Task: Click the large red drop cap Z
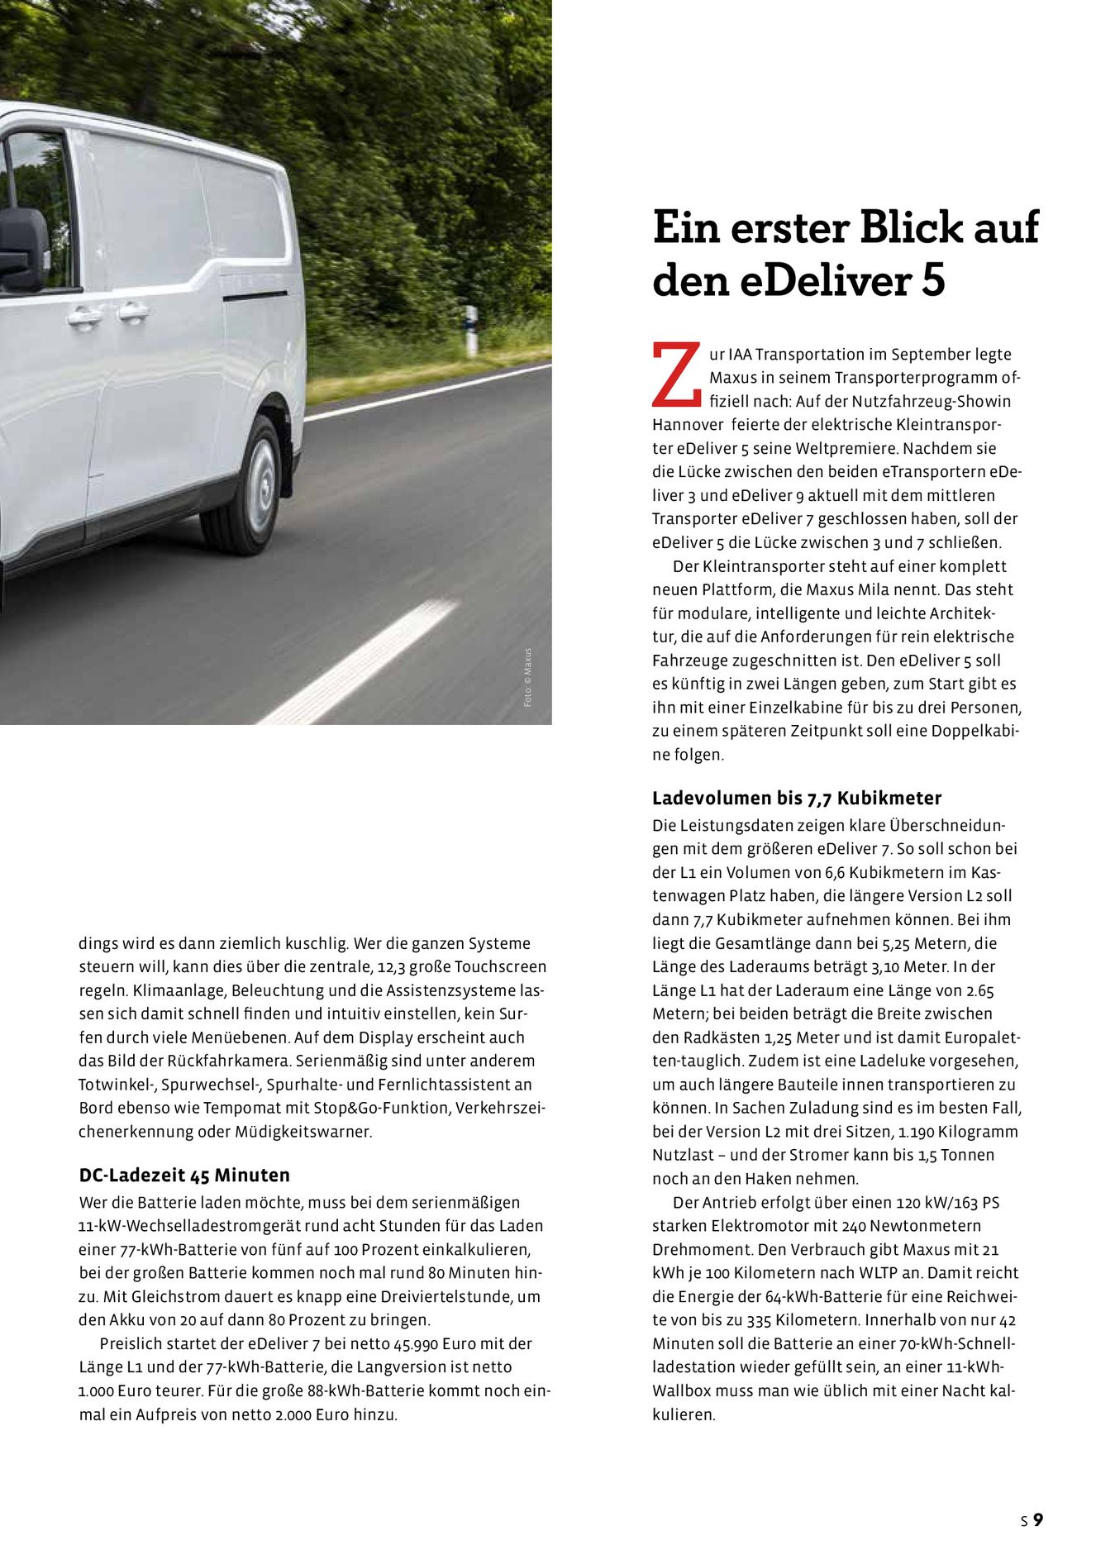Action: [x=676, y=376]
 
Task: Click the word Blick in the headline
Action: [x=911, y=227]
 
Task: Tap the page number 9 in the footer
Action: [x=1038, y=1519]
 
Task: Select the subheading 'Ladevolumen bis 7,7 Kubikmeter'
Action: [x=797, y=799]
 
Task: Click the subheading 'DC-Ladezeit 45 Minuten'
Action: [x=184, y=1176]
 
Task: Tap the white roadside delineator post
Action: [x=471, y=331]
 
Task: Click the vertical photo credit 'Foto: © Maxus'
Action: [x=528, y=677]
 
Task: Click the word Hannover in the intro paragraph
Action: [x=686, y=425]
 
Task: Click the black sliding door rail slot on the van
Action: [x=255, y=296]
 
